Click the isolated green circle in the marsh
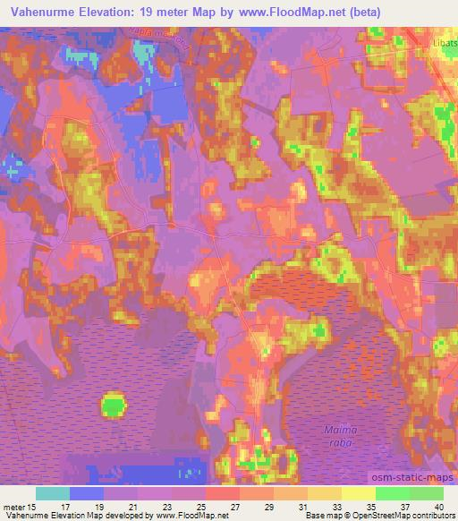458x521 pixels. (x=114, y=406)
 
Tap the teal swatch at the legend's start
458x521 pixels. (x=53, y=493)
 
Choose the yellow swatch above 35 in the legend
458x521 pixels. (x=358, y=493)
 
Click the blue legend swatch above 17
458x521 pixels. (x=87, y=493)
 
